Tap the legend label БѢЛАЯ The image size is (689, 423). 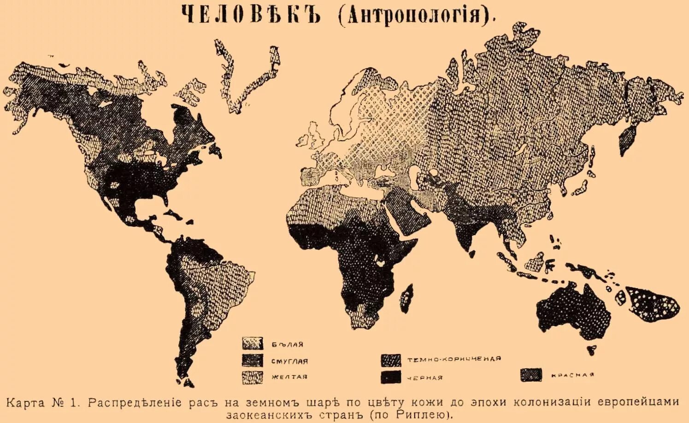pos(287,344)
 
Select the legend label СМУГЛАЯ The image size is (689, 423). pos(289,361)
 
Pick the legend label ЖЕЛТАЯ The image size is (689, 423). pos(289,377)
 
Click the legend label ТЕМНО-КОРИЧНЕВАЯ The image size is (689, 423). pos(453,359)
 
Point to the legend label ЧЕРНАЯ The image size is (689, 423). pos(424,377)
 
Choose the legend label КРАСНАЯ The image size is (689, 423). pos(572,375)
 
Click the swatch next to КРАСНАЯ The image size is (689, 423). pos(531,375)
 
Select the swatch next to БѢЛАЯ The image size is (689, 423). pos(253,344)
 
